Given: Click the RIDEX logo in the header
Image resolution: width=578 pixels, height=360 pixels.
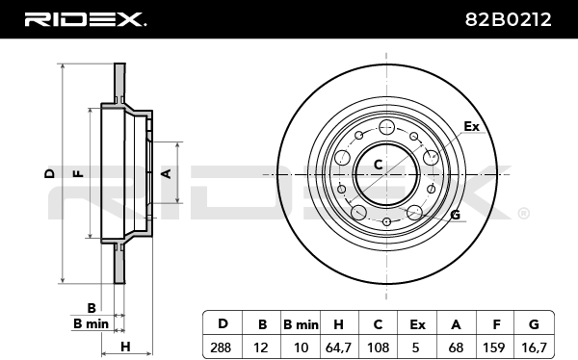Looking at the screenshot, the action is click(85, 19).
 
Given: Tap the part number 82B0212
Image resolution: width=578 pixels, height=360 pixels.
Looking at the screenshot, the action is click(508, 19).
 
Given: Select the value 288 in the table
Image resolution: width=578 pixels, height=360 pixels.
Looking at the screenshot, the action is click(221, 347).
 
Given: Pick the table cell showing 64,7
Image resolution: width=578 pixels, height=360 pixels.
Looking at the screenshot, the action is click(338, 347).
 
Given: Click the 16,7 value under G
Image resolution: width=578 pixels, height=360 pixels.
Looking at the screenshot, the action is click(534, 347).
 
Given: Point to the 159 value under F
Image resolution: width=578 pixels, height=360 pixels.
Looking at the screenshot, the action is click(493, 347).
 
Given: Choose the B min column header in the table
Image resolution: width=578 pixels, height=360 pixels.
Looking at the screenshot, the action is click(301, 324).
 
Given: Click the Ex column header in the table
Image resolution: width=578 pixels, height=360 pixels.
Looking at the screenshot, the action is click(417, 324).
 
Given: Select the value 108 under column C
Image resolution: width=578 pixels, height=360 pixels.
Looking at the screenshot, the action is click(379, 347).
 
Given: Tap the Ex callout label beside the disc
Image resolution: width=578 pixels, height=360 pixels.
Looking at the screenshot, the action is click(471, 126).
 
